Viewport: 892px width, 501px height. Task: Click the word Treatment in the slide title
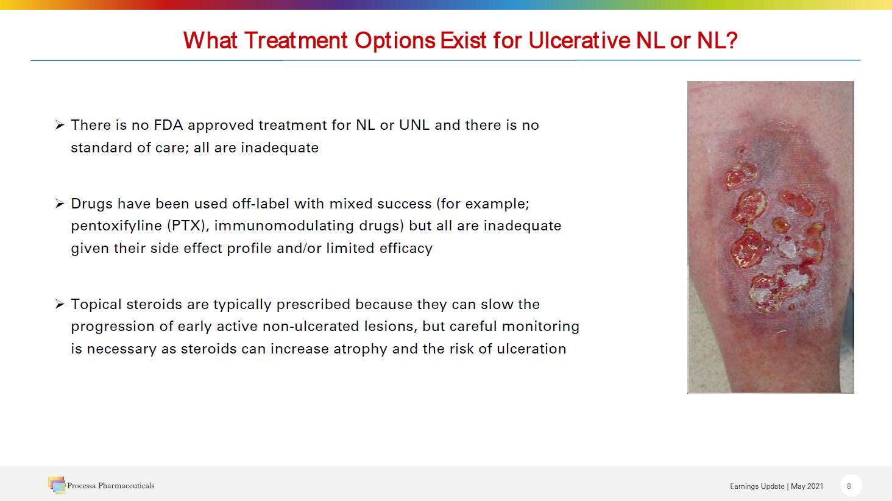[x=296, y=40]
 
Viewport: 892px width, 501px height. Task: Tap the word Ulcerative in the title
[x=579, y=40]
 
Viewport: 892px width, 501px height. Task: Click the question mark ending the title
[x=732, y=40]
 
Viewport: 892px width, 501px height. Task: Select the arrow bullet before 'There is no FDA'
[x=60, y=126]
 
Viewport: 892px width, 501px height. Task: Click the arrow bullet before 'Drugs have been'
[x=60, y=204]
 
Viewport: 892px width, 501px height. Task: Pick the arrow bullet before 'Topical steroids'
[x=60, y=305]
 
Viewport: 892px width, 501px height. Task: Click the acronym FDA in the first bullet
[x=168, y=125]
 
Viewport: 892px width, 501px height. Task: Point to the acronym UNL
[x=414, y=125]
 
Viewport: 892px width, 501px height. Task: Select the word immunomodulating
[x=284, y=226]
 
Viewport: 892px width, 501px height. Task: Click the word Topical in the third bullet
[x=96, y=304]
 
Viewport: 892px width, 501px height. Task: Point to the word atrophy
[x=360, y=349]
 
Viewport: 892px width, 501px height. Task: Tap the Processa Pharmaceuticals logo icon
[x=57, y=485]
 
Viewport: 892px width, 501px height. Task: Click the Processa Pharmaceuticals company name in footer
[x=111, y=486]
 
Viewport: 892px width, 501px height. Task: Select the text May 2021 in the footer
[x=807, y=486]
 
